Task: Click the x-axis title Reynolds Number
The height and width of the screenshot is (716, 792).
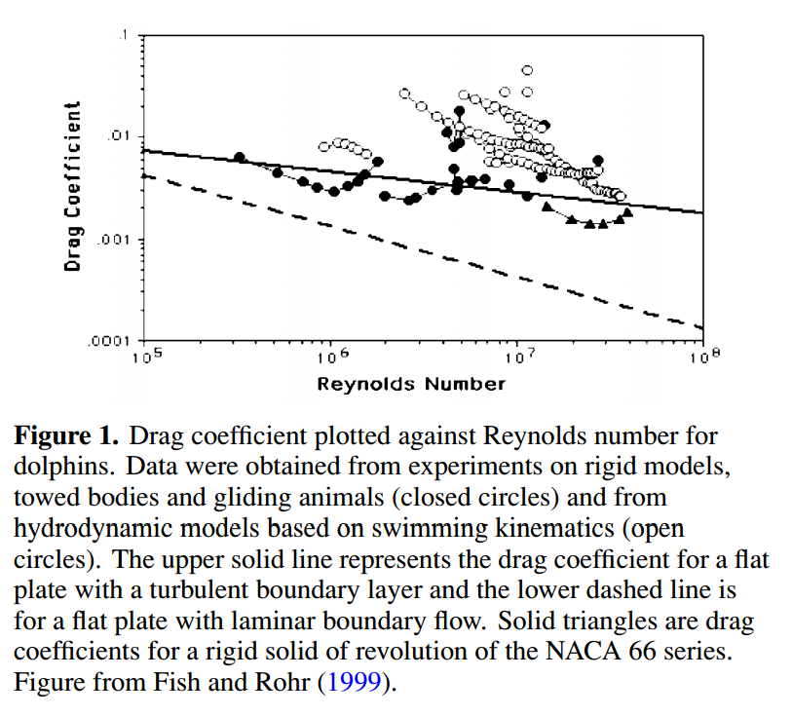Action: [411, 384]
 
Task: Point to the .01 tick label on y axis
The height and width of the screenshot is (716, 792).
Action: [119, 134]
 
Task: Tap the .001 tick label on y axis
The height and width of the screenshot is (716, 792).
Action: [116, 239]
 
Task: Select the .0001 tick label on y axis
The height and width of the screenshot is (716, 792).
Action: [112, 342]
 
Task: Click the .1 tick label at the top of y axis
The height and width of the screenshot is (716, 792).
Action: [124, 35]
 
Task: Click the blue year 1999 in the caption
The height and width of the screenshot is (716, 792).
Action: [349, 683]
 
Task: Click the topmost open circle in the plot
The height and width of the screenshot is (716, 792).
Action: [527, 70]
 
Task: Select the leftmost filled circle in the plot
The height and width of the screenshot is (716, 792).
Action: [240, 158]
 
